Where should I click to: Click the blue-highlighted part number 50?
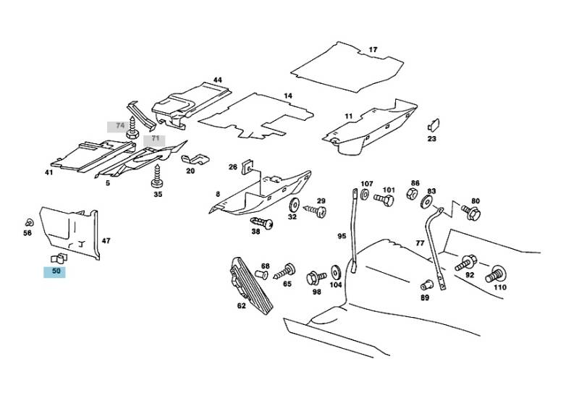click(x=55, y=272)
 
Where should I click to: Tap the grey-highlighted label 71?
click(x=153, y=140)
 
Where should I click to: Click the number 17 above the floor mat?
click(x=373, y=50)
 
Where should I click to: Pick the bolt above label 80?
click(x=471, y=214)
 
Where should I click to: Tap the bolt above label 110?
click(x=497, y=274)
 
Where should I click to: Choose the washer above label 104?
click(x=336, y=272)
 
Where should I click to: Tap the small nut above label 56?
click(x=28, y=221)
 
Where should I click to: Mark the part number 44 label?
click(x=217, y=80)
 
